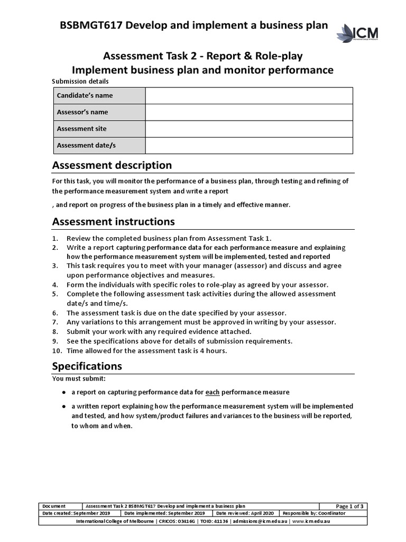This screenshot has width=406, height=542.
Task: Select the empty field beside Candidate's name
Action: [248, 96]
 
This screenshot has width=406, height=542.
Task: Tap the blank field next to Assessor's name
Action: [248, 112]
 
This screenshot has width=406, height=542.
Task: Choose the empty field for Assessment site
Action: [248, 129]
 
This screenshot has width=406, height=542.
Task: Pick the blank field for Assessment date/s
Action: [248, 146]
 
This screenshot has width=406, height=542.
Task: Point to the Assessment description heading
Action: [112, 166]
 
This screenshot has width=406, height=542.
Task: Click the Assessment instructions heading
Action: [113, 221]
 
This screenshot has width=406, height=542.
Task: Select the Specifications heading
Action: [87, 366]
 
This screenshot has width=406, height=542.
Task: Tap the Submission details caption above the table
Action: [80, 82]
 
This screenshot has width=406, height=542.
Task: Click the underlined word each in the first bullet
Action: [212, 392]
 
